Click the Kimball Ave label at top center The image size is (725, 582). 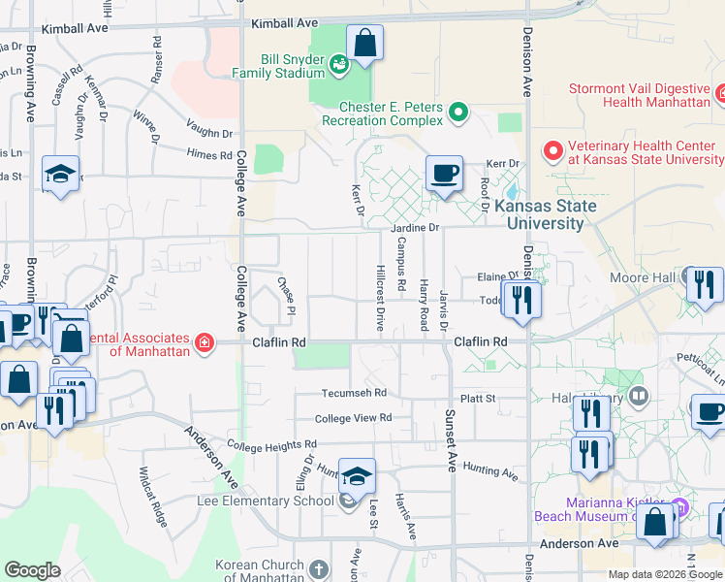point(284,22)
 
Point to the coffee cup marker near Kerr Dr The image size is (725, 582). point(444,176)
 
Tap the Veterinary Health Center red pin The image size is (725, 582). point(552,151)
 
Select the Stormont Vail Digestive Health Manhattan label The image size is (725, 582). point(641,94)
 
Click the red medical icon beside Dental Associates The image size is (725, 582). point(204,342)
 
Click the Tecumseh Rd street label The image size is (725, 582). point(355,393)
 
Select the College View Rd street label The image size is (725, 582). point(353,418)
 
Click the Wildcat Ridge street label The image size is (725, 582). point(155,496)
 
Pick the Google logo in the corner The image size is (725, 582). point(32,570)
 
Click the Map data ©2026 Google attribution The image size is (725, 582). point(665,574)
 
